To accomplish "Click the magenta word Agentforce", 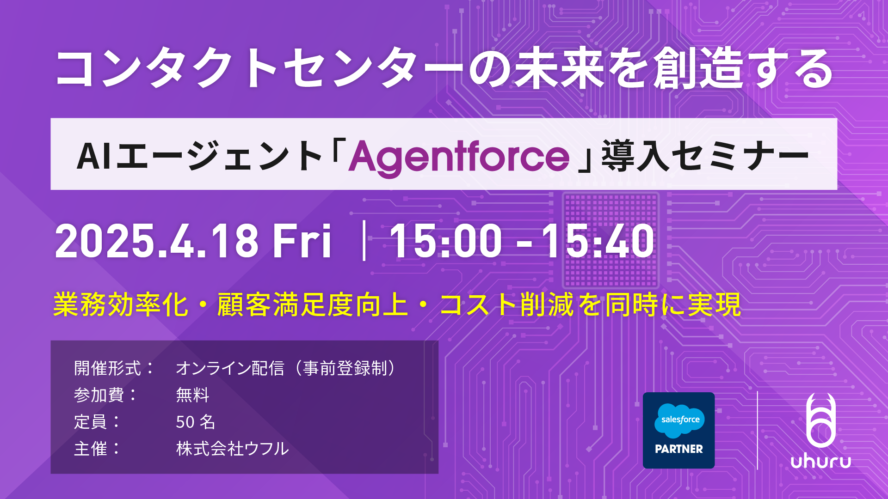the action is [x=459, y=157].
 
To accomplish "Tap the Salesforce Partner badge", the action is [x=678, y=430].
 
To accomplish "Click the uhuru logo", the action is [x=821, y=431].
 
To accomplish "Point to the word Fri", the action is [x=302, y=241].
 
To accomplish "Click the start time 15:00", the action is [x=446, y=241].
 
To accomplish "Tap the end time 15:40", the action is [x=598, y=241].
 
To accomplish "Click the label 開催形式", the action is [x=107, y=368].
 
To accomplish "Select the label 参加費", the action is [x=99, y=395].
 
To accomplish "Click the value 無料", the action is [x=193, y=395].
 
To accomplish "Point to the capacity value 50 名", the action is [x=196, y=422].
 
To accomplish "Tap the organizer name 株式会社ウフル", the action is [x=232, y=449].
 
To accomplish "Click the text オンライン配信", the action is [x=230, y=368].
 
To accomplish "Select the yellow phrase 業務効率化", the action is [x=121, y=305].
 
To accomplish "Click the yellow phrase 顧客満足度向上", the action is [x=313, y=305].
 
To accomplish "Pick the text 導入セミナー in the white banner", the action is [x=706, y=156].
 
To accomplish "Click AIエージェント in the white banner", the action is [x=199, y=156].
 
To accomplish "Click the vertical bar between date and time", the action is [x=364, y=241].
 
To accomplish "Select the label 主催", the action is [x=91, y=449].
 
